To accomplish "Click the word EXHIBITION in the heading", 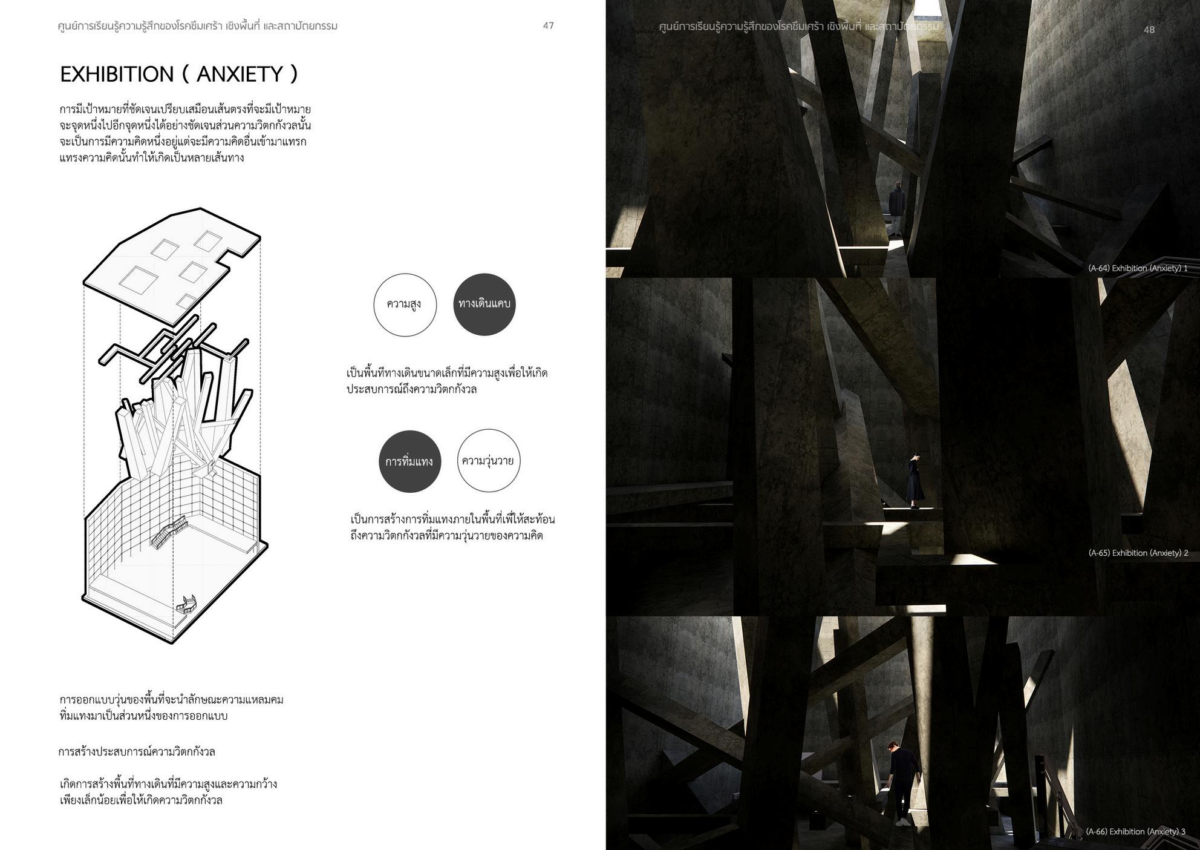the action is pyautogui.click(x=117, y=74).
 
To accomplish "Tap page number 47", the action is pyautogui.click(x=548, y=25).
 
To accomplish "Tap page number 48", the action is pyautogui.click(x=1149, y=29).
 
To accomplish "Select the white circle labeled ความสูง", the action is pyautogui.click(x=405, y=305).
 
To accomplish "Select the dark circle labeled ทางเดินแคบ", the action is pyautogui.click(x=484, y=304).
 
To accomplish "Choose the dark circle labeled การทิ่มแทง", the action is pyautogui.click(x=409, y=461).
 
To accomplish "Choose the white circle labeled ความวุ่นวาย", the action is pyautogui.click(x=488, y=461).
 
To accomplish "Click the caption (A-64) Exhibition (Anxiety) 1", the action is pyautogui.click(x=1137, y=268).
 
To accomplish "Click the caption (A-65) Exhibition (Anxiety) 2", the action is pyautogui.click(x=1138, y=553).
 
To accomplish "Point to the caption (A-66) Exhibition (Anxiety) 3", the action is pyautogui.click(x=1135, y=831).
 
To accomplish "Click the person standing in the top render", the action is pyautogui.click(x=896, y=208).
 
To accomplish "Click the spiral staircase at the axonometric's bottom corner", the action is pyautogui.click(x=188, y=605).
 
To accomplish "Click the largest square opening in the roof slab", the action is pyautogui.click(x=139, y=280).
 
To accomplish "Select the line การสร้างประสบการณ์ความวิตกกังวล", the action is pyautogui.click(x=137, y=752).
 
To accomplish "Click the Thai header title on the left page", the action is pyautogui.click(x=197, y=26).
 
